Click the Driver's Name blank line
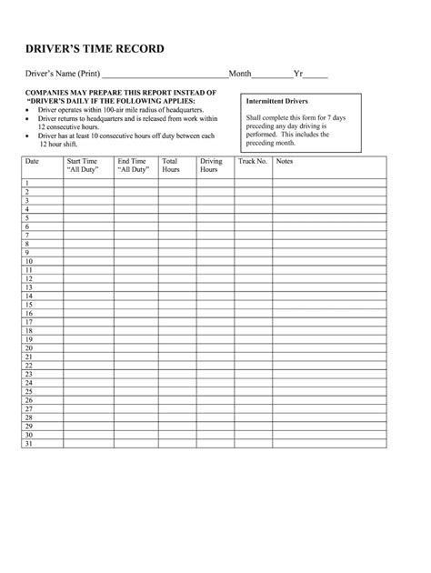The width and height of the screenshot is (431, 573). click(165, 74)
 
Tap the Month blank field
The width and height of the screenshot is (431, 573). click(272, 74)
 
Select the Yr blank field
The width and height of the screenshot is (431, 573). click(316, 74)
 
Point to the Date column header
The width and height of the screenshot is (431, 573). click(33, 161)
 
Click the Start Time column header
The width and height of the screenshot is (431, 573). click(82, 165)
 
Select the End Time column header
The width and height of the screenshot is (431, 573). click(134, 165)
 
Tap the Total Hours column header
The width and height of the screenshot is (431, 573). click(171, 165)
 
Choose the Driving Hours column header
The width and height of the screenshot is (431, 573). click(210, 165)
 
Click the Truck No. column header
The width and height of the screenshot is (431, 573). click(252, 161)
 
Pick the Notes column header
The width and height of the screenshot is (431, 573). click(285, 161)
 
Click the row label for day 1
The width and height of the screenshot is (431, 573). click(28, 183)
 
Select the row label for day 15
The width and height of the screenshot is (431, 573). click(29, 305)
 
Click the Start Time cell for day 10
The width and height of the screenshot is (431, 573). click(87, 261)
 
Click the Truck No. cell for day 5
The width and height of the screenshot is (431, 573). click(253, 217)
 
